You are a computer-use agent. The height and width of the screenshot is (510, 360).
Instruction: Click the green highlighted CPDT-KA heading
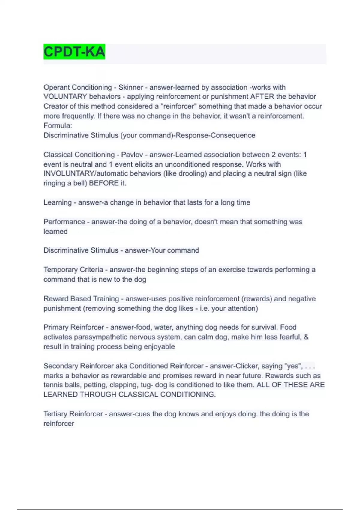74,52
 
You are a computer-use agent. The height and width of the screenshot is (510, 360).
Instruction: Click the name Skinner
131,87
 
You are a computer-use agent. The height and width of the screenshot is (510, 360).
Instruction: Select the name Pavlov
132,154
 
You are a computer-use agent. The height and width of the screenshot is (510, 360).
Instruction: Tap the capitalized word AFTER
262,97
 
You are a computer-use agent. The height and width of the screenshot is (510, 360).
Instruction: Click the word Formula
57,125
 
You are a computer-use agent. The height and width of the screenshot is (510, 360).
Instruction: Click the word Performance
64,222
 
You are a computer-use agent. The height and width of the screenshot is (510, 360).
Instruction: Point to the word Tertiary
55,414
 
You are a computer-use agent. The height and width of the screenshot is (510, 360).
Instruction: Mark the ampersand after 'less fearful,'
306,337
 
